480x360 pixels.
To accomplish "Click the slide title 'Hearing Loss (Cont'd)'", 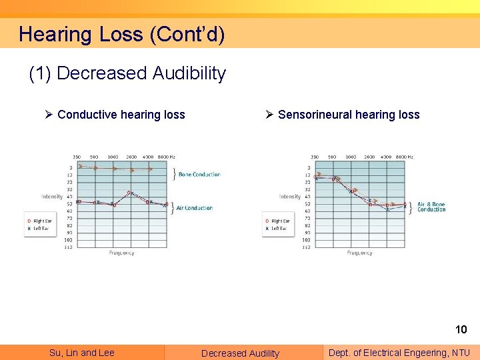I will (121, 34).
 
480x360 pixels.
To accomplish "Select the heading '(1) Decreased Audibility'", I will (127, 73).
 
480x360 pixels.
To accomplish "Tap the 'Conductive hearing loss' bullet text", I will (121, 115).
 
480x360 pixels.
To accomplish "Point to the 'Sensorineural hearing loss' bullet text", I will (348, 115).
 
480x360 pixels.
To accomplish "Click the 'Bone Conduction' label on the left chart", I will (199, 175).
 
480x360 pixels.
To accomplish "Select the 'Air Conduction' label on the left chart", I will (195, 208).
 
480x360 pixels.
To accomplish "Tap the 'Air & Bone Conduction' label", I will (431, 207).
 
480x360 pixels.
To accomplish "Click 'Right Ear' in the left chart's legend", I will (42, 221).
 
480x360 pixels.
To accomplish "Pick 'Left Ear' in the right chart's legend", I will (279, 228).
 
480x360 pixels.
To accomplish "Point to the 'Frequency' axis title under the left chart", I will (121, 253).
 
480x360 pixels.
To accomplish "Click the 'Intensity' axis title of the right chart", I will (290, 197).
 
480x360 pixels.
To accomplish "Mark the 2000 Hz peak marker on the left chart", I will (131, 193).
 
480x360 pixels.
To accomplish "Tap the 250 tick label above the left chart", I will (77, 157).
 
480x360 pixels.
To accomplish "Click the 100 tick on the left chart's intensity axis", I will (68, 239).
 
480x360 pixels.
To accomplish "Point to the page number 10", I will (461, 329).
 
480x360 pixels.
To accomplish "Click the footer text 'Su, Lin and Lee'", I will (82, 353).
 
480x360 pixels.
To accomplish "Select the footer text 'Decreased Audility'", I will (241, 353).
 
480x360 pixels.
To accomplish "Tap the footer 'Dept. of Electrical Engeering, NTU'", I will (399, 353).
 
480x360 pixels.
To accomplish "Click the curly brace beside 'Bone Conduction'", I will (174, 175).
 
